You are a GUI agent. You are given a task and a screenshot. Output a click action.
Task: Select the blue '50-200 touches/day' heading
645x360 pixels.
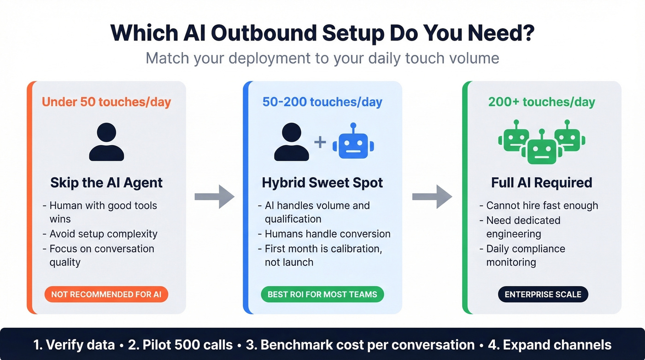click(322, 102)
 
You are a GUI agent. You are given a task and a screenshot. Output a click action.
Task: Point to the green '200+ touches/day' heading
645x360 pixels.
click(541, 102)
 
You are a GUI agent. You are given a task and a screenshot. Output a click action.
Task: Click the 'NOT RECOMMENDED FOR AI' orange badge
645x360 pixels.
click(106, 295)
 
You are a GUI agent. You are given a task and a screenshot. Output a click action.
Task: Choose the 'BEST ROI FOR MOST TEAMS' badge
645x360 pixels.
click(322, 295)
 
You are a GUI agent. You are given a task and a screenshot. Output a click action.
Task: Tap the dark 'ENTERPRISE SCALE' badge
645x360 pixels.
click(543, 295)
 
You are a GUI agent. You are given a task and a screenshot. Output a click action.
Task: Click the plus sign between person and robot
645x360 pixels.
click(320, 142)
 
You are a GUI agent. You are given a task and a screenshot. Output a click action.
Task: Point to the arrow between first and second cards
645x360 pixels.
click(214, 197)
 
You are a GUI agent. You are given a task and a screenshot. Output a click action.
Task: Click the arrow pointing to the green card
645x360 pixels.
click(432, 197)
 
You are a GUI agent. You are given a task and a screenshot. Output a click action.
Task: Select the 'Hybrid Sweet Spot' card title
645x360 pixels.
click(322, 183)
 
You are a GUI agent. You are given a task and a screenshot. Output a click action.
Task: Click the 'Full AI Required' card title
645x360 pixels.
click(541, 183)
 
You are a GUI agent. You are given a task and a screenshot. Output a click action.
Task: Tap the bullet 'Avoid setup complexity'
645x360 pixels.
click(103, 234)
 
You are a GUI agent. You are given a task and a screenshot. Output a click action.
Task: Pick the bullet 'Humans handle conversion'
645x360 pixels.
click(327, 234)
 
